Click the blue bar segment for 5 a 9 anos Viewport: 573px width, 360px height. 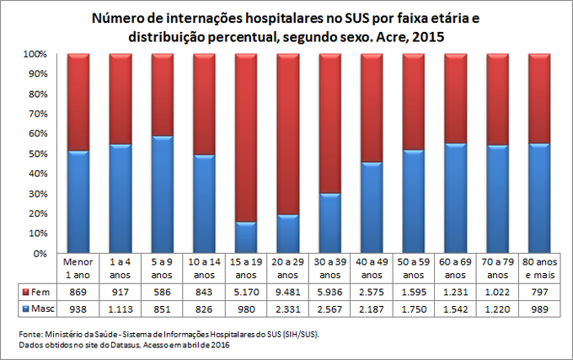tap(162, 194)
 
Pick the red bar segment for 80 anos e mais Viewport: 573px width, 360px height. tap(538, 98)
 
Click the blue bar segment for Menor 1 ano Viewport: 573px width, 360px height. tap(78, 201)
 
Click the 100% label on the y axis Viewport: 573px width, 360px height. tap(33, 54)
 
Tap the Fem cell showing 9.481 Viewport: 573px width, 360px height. tap(287, 291)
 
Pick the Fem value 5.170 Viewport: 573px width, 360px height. tap(245, 291)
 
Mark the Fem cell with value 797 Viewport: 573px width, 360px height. tap(538, 291)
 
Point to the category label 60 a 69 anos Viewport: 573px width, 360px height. tap(455, 268)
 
